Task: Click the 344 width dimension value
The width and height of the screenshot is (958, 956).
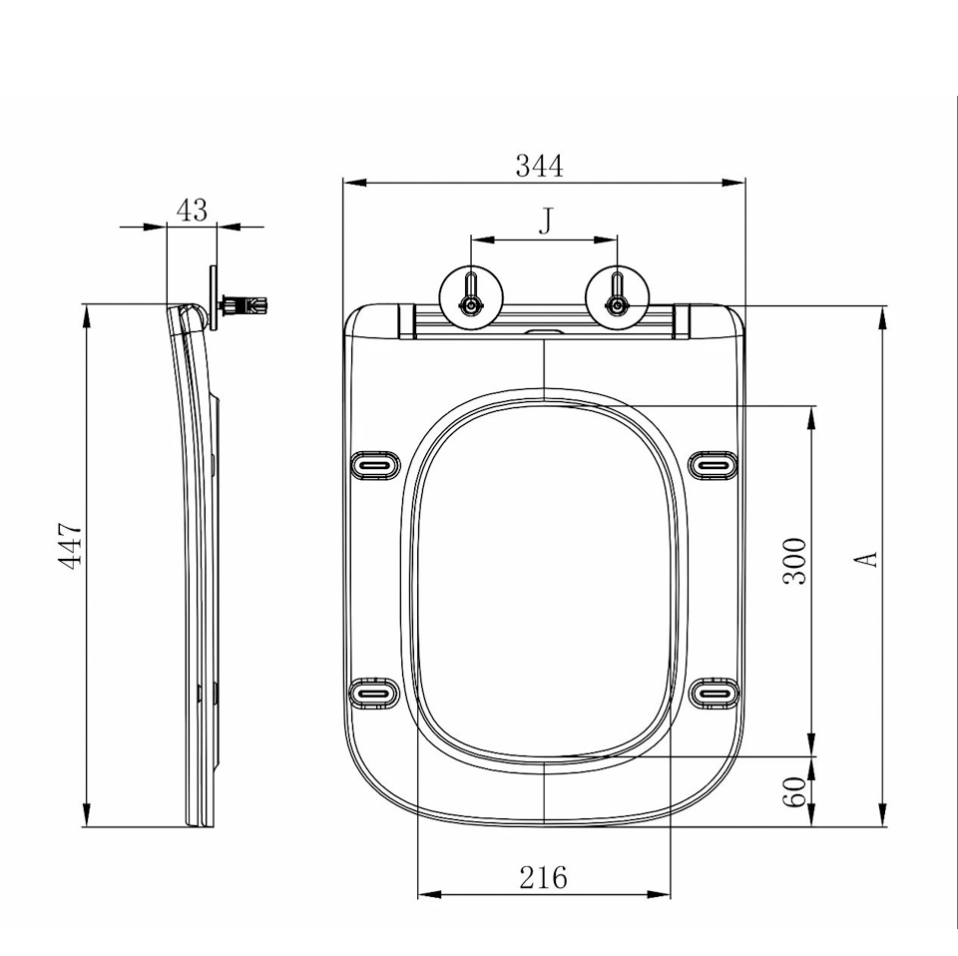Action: [540, 166]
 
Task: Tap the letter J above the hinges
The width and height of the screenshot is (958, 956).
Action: [546, 221]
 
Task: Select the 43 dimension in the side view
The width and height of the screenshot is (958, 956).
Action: [192, 211]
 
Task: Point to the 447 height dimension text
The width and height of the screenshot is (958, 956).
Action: [70, 546]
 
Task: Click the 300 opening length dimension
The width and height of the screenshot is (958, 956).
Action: [795, 562]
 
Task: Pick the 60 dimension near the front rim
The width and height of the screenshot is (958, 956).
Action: [795, 791]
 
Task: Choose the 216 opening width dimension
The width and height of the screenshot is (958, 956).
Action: [543, 878]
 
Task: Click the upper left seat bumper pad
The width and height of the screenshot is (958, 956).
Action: [375, 465]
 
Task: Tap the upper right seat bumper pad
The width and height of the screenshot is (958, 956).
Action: [714, 465]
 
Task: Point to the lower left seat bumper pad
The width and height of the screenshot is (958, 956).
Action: [373, 694]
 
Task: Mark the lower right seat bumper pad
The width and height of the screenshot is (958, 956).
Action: [715, 694]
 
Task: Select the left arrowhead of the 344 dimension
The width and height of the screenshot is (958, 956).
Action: [354, 182]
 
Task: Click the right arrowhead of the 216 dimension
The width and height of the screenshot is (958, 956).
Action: [659, 895]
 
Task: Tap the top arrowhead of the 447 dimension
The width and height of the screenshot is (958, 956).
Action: [86, 315]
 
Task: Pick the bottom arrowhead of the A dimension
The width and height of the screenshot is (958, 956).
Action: [882, 815]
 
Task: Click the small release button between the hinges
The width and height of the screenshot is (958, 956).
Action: [543, 332]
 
